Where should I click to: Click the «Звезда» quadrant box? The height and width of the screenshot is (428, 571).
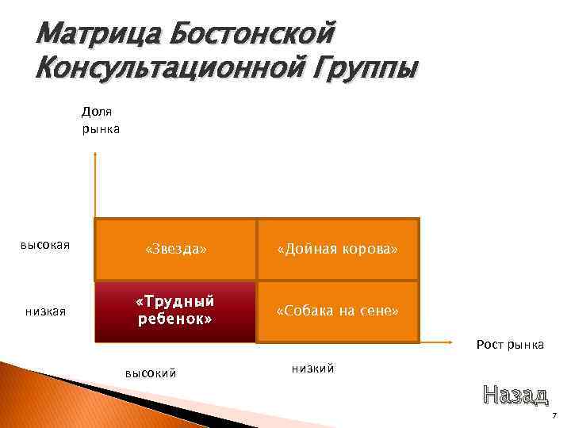(x=175, y=250)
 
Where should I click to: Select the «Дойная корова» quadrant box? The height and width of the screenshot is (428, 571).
(x=337, y=250)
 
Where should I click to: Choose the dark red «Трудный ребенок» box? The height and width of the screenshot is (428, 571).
(x=175, y=311)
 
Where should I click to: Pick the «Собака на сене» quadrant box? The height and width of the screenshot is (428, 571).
(x=337, y=311)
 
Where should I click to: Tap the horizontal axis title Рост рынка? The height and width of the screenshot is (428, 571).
(x=510, y=345)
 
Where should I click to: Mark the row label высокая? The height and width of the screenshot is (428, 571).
(x=45, y=245)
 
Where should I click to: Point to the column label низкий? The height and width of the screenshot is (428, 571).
(x=313, y=368)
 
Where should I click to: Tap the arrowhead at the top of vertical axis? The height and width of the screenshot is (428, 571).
(x=95, y=156)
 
